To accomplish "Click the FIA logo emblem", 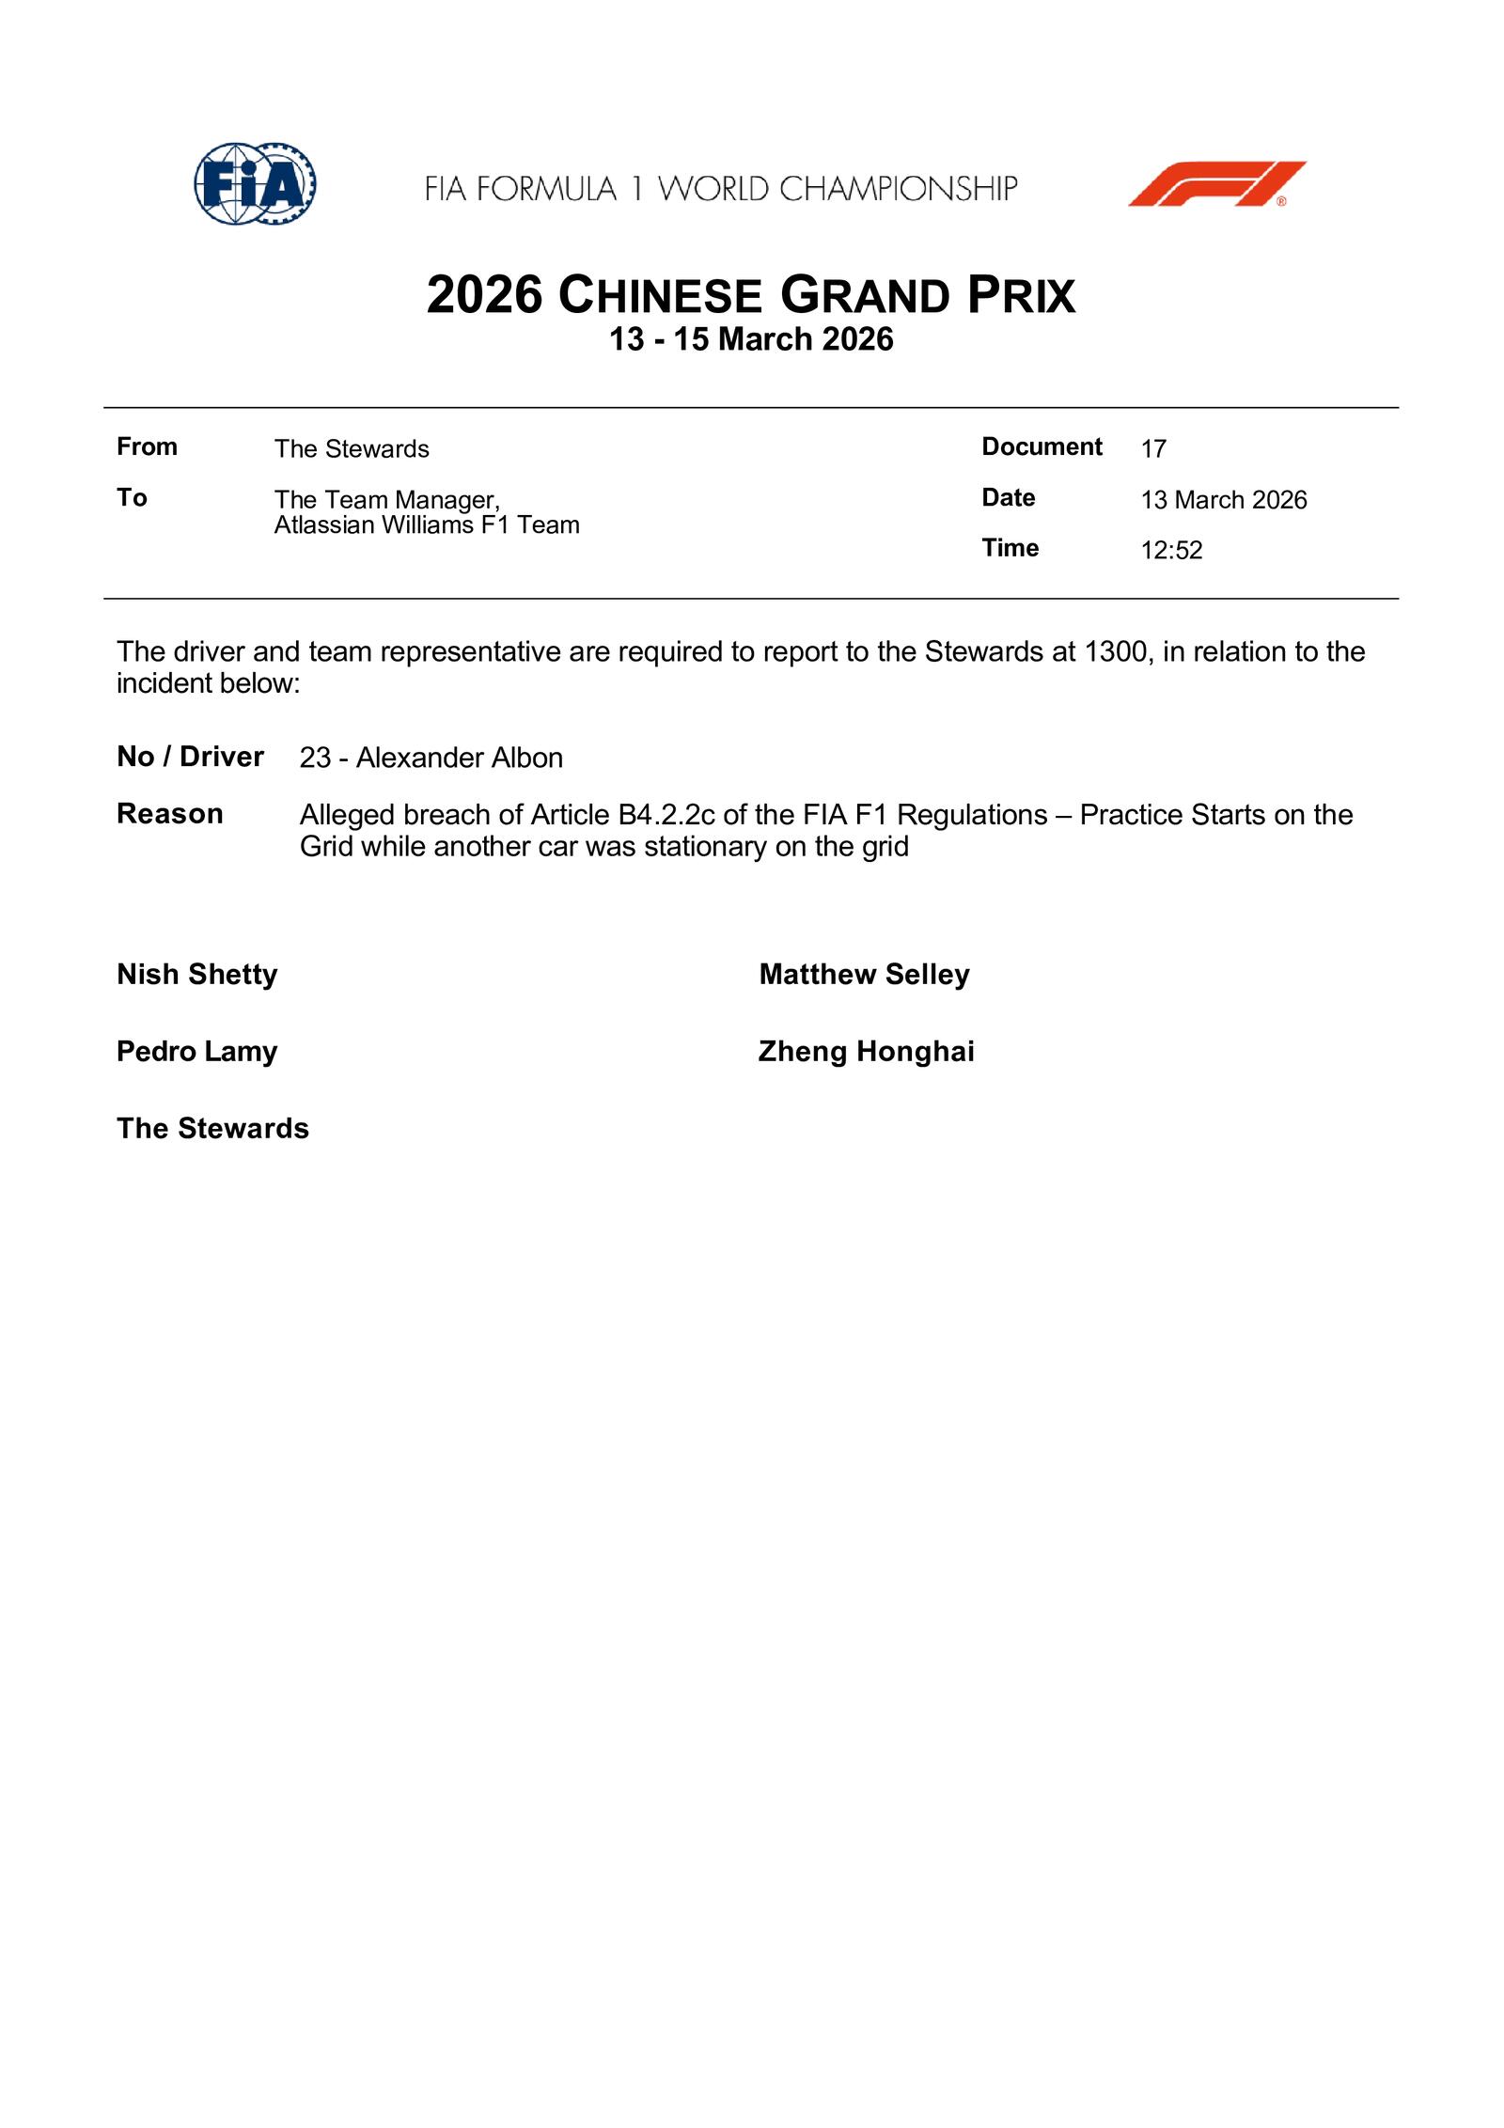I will [x=255, y=184].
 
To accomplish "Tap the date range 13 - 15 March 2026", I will [x=751, y=339].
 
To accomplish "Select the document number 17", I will [x=1153, y=448].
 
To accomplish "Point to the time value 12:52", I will [x=1171, y=550].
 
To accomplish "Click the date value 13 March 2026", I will [x=1223, y=499].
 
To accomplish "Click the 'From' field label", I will [x=147, y=446].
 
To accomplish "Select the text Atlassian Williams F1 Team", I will [x=427, y=524].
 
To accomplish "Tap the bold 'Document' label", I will [x=1042, y=446].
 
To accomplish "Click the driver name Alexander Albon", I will [x=459, y=758].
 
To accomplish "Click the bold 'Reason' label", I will [x=170, y=814].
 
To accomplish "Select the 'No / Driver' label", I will [x=190, y=757].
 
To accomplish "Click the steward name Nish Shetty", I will [x=197, y=975].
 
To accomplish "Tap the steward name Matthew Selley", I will [x=864, y=975].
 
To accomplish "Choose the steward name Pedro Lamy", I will [x=197, y=1052].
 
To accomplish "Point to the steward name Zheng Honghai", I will [x=866, y=1052].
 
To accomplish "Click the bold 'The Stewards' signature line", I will [x=212, y=1129].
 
